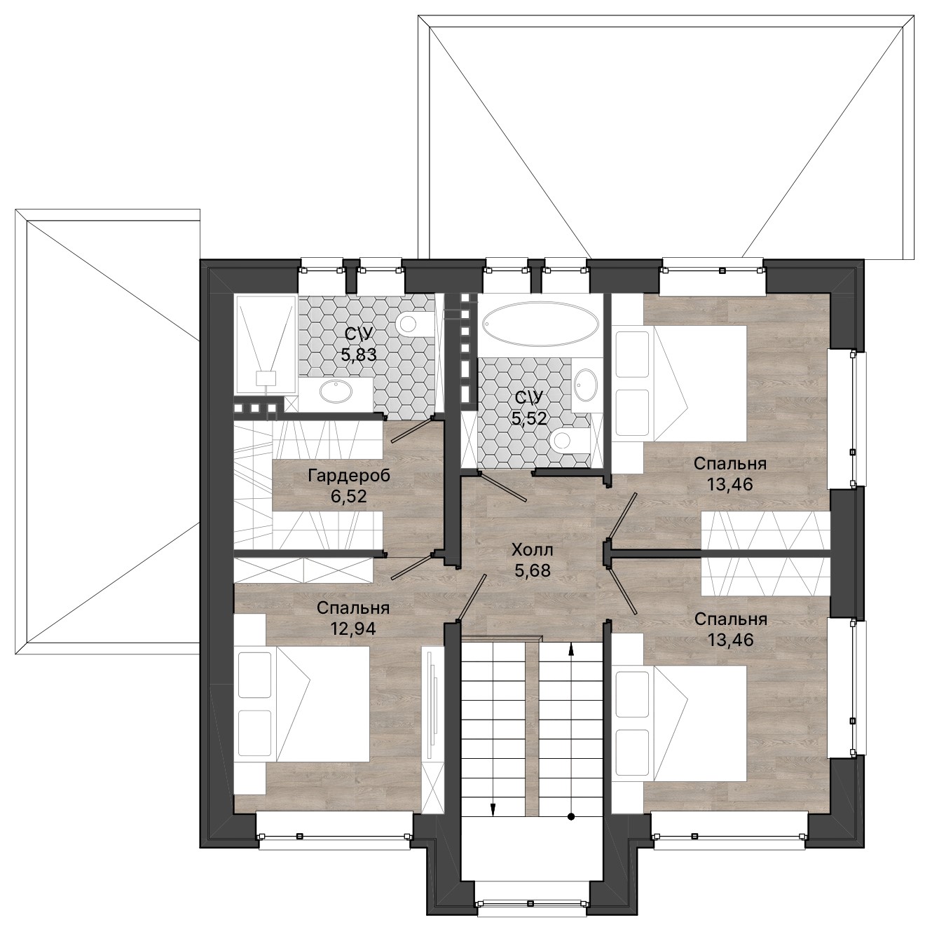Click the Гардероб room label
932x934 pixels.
[349, 476]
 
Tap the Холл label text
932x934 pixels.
[533, 551]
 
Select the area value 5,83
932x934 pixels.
[358, 355]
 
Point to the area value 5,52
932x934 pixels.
[530, 418]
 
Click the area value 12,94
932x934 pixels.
[353, 629]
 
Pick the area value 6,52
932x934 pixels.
[349, 497]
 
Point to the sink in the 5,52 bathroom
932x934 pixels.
[586, 386]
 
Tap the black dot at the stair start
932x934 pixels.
[570, 817]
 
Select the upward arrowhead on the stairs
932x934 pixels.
[571, 650]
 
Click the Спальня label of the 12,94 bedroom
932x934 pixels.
[353, 607]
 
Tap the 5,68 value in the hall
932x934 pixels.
[533, 571]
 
